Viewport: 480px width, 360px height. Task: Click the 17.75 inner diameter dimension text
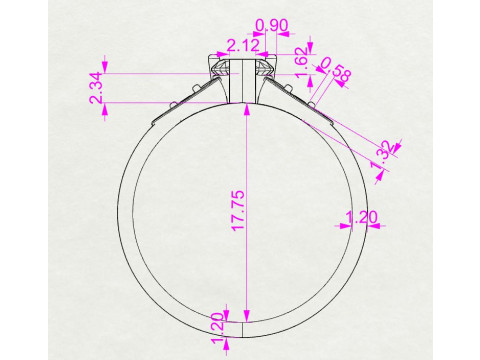239,211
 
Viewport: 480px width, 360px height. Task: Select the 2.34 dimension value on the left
97,88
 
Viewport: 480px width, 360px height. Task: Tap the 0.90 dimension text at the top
272,25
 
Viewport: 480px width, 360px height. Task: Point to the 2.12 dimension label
243,46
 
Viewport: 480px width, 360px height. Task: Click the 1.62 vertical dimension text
301,62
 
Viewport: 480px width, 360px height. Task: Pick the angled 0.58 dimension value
336,70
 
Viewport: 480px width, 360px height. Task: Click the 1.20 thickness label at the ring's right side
362,217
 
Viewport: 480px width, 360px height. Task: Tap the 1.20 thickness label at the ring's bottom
217,328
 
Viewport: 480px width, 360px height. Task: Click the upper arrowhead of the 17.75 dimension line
246,109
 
